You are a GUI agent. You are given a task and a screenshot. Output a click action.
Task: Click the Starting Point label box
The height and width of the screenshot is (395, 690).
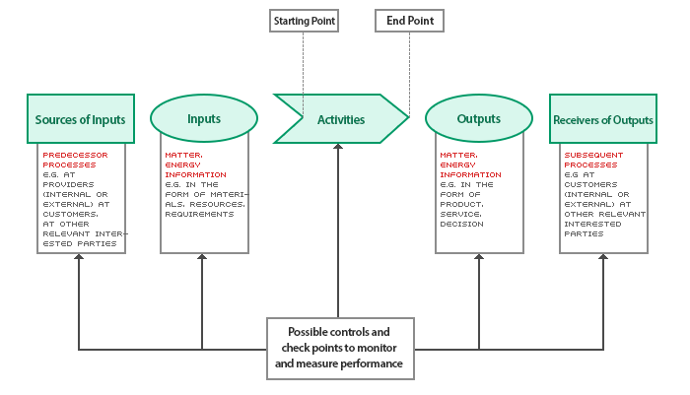pyautogui.click(x=303, y=20)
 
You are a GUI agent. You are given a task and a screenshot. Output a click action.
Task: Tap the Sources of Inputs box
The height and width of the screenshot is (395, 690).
pyautogui.click(x=80, y=120)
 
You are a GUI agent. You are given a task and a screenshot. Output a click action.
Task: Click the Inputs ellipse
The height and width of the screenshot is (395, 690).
pyautogui.click(x=203, y=119)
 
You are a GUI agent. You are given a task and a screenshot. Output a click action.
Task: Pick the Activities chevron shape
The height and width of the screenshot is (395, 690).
pyautogui.click(x=340, y=120)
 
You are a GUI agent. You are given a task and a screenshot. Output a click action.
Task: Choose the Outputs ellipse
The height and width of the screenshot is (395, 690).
pyautogui.click(x=478, y=119)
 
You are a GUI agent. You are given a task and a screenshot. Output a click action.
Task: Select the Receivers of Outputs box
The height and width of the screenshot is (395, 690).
pyautogui.click(x=603, y=120)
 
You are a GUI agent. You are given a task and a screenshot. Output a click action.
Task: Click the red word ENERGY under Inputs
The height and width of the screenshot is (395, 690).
pyautogui.click(x=184, y=165)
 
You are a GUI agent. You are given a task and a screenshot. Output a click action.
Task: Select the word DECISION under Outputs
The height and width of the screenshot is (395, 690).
pyautogui.click(x=461, y=224)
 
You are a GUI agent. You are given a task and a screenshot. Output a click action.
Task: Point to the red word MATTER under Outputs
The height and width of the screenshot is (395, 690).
pyautogui.click(x=458, y=156)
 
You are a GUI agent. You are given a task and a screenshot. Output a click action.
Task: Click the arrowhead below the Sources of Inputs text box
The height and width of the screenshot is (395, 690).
pyautogui.click(x=79, y=258)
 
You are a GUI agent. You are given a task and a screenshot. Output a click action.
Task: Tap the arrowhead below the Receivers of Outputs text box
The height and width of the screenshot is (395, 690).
pyautogui.click(x=602, y=258)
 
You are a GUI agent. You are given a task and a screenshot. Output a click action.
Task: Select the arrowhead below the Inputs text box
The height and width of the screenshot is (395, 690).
pyautogui.click(x=202, y=258)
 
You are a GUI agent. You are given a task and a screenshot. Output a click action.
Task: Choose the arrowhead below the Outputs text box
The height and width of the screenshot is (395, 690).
pyautogui.click(x=478, y=258)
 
